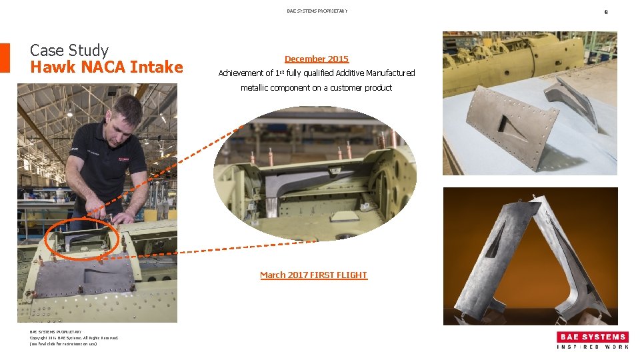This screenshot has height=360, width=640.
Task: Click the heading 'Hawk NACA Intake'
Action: tap(107, 67)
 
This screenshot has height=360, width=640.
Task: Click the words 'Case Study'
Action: tap(69, 50)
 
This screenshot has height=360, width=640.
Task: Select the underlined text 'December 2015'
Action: tap(316, 59)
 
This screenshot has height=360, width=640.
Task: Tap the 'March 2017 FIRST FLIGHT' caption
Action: tap(313, 275)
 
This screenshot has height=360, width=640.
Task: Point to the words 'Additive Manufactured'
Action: tap(375, 73)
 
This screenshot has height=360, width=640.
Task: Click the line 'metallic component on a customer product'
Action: tap(316, 87)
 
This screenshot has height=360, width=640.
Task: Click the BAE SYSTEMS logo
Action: tap(593, 337)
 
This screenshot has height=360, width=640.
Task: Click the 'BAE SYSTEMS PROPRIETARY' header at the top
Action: tap(317, 11)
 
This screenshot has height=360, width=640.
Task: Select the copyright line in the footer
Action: tap(74, 338)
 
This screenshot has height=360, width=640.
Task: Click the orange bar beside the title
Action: tap(5, 58)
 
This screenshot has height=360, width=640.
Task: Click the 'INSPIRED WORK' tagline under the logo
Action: tap(593, 347)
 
